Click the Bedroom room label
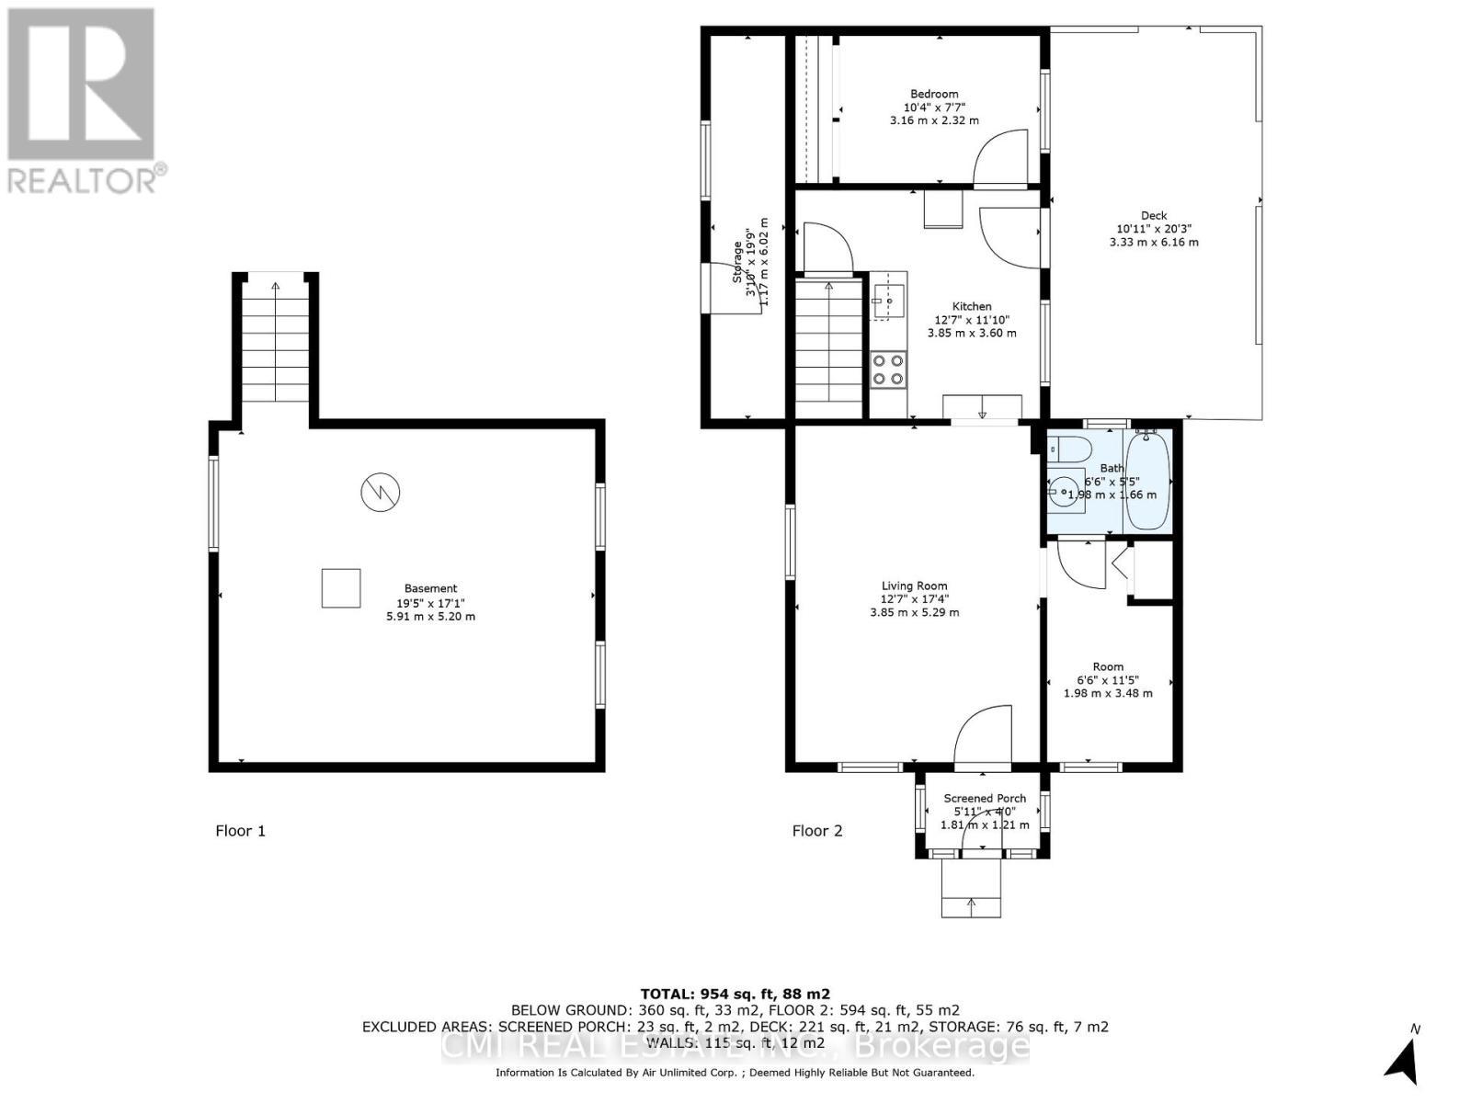934,94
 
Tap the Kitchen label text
972,306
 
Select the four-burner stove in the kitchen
888,369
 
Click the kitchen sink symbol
888,301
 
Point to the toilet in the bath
1070,449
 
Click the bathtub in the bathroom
1147,481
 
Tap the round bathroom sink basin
1065,494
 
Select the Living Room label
914,586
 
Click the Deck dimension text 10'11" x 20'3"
1154,229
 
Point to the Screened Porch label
985,798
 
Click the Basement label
430,588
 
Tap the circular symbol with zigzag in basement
380,492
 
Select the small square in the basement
340,588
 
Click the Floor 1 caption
241,831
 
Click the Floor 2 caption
817,831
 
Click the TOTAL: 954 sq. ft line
735,994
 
